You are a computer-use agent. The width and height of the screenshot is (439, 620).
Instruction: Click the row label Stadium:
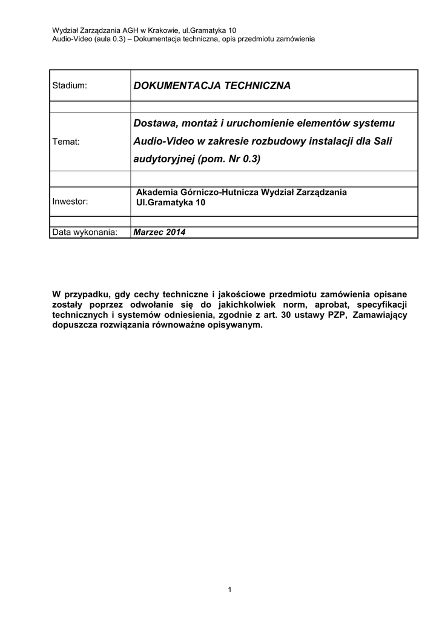click(x=70, y=86)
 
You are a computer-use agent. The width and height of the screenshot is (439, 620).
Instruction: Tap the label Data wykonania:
click(x=84, y=232)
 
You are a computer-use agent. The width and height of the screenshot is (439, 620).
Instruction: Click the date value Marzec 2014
click(x=159, y=232)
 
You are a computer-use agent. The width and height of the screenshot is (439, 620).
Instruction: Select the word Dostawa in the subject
click(x=153, y=124)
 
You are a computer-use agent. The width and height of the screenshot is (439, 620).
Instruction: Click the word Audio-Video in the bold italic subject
click(x=159, y=141)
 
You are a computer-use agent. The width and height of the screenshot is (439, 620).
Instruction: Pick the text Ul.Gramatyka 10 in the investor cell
click(x=171, y=203)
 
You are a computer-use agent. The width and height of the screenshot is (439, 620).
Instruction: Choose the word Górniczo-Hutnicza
click(x=219, y=192)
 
